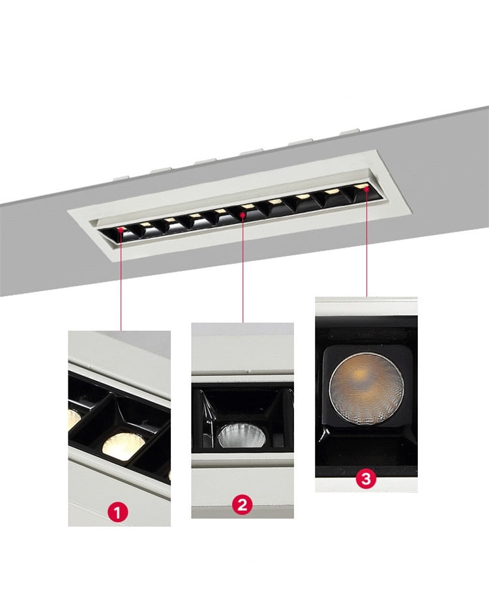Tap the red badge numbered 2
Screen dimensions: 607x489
(x=242, y=504)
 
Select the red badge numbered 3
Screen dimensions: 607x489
(x=365, y=479)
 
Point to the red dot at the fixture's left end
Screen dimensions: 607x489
(x=121, y=229)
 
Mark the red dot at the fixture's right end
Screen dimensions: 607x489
(x=366, y=188)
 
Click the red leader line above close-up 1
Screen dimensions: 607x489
(x=121, y=280)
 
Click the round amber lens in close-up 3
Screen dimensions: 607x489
(x=366, y=388)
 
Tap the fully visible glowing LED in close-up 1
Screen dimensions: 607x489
(x=124, y=446)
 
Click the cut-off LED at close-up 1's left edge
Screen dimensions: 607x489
(x=74, y=419)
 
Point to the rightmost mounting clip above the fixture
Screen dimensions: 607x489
(x=349, y=132)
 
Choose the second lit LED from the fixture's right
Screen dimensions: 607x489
(x=332, y=191)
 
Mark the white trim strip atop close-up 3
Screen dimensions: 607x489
(x=366, y=307)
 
